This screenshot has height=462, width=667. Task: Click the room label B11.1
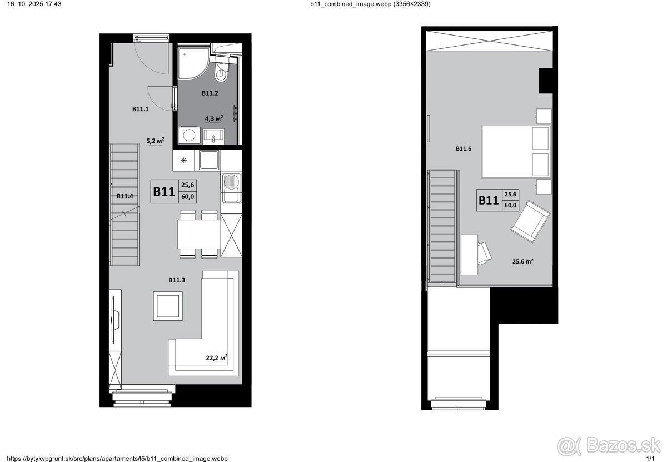[x=140, y=109]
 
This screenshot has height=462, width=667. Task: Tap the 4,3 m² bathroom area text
[x=214, y=118]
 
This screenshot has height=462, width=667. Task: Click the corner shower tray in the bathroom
[x=193, y=63]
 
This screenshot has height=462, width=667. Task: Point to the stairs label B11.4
[x=125, y=196]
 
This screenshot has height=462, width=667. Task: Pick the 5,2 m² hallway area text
[x=155, y=141]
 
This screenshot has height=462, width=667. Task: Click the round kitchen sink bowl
[x=231, y=181]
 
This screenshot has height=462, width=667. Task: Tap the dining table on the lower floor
[x=199, y=234]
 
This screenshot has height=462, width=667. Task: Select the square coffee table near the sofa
[x=168, y=306]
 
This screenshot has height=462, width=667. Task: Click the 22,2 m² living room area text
[x=217, y=357]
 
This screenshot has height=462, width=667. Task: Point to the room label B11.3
[x=177, y=280]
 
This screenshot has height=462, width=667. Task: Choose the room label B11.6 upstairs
[x=464, y=148]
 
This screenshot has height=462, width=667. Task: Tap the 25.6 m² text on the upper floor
[x=522, y=261]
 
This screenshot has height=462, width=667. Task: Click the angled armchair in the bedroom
[x=530, y=221]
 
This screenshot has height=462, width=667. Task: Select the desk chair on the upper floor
[x=484, y=253]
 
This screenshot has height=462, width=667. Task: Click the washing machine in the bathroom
[x=189, y=136]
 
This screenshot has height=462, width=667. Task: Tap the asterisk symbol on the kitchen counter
[x=183, y=160]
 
